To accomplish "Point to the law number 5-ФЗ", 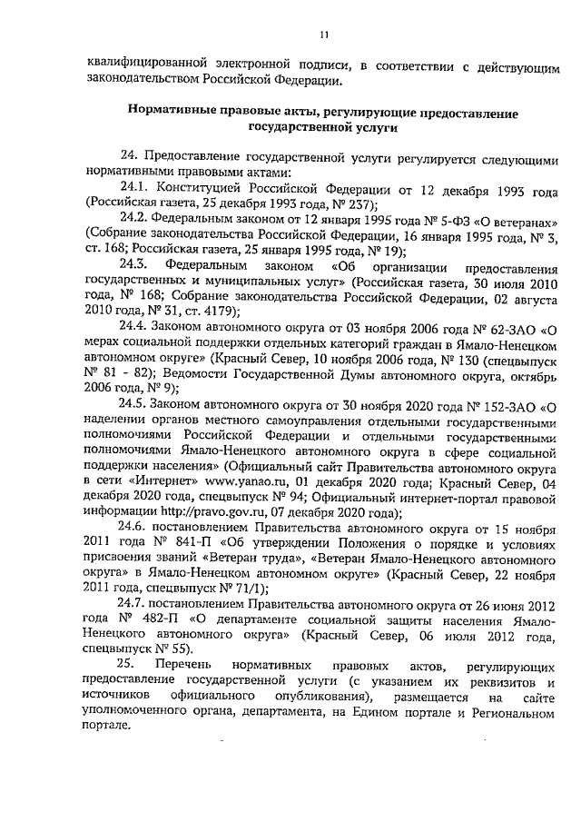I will (x=409, y=220).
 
